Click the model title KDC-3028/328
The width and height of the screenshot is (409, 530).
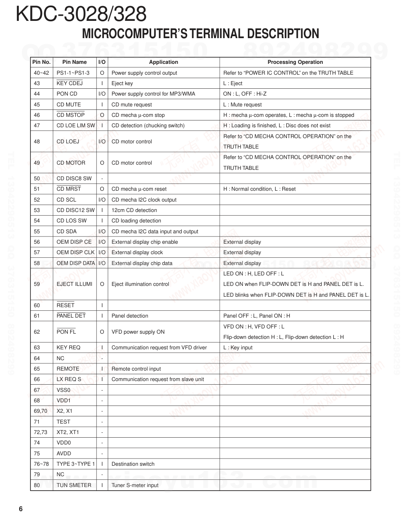[x=81, y=14]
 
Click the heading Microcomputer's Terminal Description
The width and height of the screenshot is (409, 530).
[x=200, y=34]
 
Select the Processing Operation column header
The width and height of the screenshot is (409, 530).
[x=295, y=62]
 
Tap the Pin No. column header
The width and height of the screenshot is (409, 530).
[x=41, y=62]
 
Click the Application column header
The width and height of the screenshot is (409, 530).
[x=164, y=62]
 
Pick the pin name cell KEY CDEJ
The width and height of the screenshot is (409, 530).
[x=70, y=84]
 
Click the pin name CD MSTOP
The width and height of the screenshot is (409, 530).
[x=71, y=115]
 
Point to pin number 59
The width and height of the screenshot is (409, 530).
[x=37, y=284]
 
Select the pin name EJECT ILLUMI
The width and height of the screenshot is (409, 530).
[x=75, y=284]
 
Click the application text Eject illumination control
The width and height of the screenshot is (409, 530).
[x=140, y=284]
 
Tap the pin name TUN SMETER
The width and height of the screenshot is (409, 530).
[x=74, y=485]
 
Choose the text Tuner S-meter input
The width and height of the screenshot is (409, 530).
[x=135, y=485]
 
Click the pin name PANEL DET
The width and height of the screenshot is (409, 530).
[x=71, y=316]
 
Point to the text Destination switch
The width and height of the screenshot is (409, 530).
[x=133, y=464]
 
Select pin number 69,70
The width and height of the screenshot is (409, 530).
[x=40, y=411]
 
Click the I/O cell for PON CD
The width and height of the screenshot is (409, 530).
[x=102, y=94]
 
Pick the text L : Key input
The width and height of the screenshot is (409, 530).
[x=238, y=348]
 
